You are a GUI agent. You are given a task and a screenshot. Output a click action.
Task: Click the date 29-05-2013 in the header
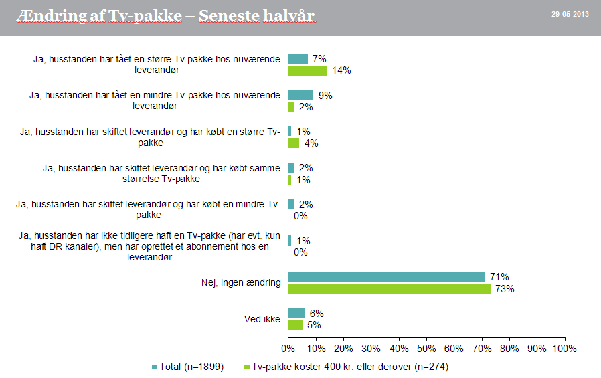click(570, 15)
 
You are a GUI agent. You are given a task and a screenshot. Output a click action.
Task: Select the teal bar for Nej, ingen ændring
click(386, 277)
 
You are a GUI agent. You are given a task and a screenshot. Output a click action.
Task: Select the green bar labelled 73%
click(389, 289)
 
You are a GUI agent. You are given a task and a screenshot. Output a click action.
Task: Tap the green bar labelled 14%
click(307, 70)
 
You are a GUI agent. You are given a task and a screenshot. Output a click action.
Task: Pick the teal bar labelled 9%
click(300, 95)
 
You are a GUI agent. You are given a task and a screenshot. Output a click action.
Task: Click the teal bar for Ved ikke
click(296, 313)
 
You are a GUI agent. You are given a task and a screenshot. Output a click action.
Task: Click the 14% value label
click(342, 70)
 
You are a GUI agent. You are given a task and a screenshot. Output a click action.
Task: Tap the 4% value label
click(311, 143)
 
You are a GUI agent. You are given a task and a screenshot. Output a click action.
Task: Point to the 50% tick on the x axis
click(426, 349)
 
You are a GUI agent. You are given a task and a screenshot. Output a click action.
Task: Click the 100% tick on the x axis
click(565, 349)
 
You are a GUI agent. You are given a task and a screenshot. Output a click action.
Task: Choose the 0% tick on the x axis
click(288, 349)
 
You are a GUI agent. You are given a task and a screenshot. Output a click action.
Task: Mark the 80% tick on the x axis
click(509, 349)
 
